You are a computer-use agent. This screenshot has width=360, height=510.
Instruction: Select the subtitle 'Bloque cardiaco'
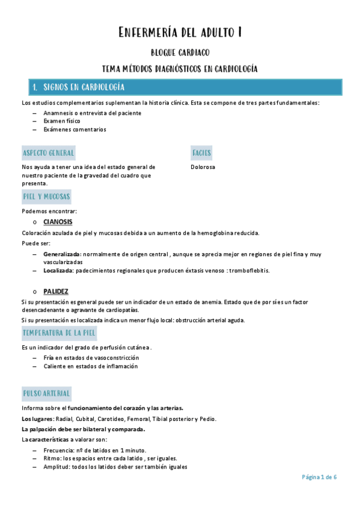coord(180,53)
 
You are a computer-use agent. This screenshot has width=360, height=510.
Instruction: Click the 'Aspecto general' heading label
coord(48,153)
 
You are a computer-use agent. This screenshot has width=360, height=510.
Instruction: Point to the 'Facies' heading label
coord(201,153)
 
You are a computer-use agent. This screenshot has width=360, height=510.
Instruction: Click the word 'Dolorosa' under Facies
coord(203,167)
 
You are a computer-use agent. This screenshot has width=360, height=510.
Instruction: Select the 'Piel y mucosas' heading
coord(46,197)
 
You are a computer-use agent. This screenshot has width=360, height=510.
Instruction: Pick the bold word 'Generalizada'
coord(62,255)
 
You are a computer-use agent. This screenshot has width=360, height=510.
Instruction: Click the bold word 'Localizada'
coord(58,271)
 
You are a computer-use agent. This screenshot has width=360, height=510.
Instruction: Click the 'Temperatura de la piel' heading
coord(58,333)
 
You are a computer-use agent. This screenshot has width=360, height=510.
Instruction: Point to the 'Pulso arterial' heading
coord(46,394)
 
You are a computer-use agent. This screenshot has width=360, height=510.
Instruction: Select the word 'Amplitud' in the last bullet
coord(56,467)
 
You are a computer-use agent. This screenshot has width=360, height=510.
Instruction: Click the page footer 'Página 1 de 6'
coord(319,477)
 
